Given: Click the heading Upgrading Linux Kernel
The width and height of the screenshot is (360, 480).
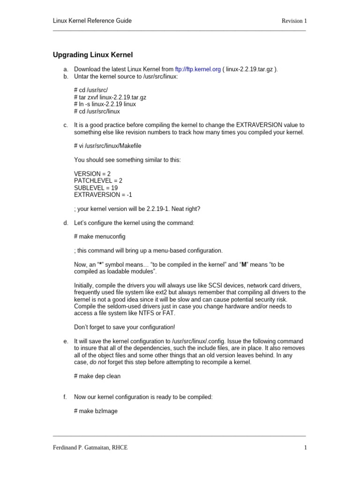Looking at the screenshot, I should click(93, 55).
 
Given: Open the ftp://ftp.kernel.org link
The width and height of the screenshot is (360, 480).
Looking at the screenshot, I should click(197, 69).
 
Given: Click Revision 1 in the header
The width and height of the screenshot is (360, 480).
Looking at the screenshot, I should click(294, 21).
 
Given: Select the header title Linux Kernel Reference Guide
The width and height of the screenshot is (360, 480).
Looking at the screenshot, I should click(92, 21).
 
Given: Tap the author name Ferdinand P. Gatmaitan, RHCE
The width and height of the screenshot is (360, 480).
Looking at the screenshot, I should click(90, 448).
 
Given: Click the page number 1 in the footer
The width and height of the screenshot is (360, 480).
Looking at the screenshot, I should click(305, 448).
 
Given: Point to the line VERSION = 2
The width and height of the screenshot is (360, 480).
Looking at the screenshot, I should click(92, 173).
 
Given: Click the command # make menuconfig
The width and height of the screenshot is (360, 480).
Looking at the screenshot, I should click(100, 236).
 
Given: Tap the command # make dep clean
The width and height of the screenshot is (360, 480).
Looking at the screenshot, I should click(97, 376).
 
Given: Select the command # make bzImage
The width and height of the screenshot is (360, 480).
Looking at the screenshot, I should click(96, 411).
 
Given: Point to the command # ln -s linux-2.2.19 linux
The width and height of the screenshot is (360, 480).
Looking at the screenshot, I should click(105, 105).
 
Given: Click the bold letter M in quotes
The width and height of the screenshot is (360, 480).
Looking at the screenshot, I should click(243, 265).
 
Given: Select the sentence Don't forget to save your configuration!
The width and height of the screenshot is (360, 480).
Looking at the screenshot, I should click(125, 327).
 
